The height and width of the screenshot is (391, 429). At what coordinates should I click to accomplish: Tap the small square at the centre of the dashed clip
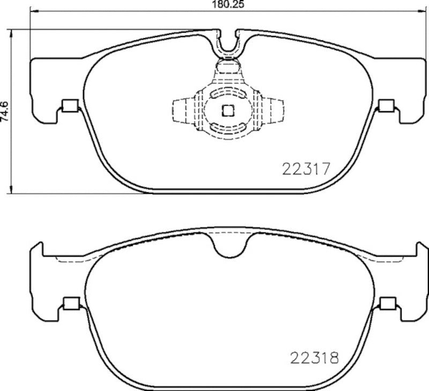pos(227,111)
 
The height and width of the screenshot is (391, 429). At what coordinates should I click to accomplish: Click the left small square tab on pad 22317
pos(70,106)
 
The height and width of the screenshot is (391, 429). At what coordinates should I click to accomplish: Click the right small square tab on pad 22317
pos(386,106)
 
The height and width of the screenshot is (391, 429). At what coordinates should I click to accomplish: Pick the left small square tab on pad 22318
pos(70,303)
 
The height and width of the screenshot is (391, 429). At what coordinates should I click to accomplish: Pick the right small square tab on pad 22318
pos(386,303)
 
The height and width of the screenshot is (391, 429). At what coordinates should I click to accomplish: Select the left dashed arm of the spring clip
pos(181,111)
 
